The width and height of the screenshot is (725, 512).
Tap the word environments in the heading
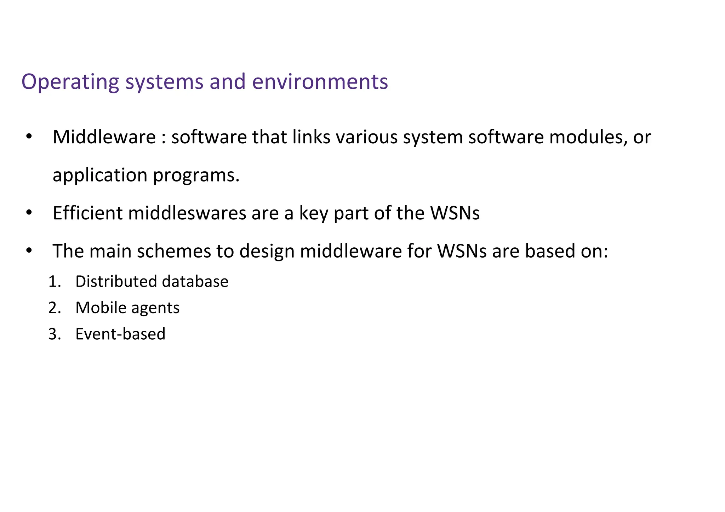pyautogui.click(x=320, y=81)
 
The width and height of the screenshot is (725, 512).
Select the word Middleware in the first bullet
pyautogui.click(x=104, y=137)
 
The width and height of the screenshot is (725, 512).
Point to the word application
pyautogui.click(x=100, y=175)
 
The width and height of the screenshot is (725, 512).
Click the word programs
pyautogui.click(x=196, y=175)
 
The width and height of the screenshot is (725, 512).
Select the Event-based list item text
pyautogui.click(x=120, y=334)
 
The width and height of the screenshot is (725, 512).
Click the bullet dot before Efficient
pyautogui.click(x=29, y=213)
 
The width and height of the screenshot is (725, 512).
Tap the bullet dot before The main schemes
pyautogui.click(x=29, y=251)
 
